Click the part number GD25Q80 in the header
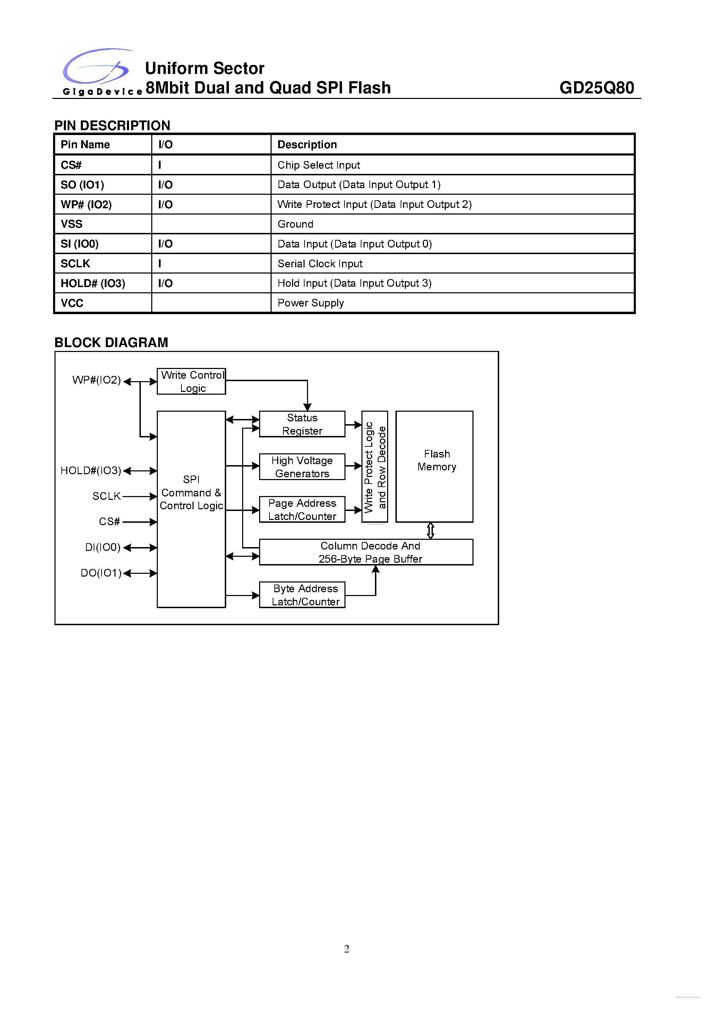point(596,88)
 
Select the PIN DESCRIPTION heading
point(112,126)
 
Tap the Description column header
point(307,144)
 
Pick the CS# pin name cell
point(71,165)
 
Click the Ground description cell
point(296,224)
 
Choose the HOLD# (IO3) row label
point(93,283)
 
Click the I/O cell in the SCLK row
point(160,264)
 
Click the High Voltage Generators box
point(302,467)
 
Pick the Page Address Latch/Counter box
point(302,510)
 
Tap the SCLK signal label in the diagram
point(106,496)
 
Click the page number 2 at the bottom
point(347,949)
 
